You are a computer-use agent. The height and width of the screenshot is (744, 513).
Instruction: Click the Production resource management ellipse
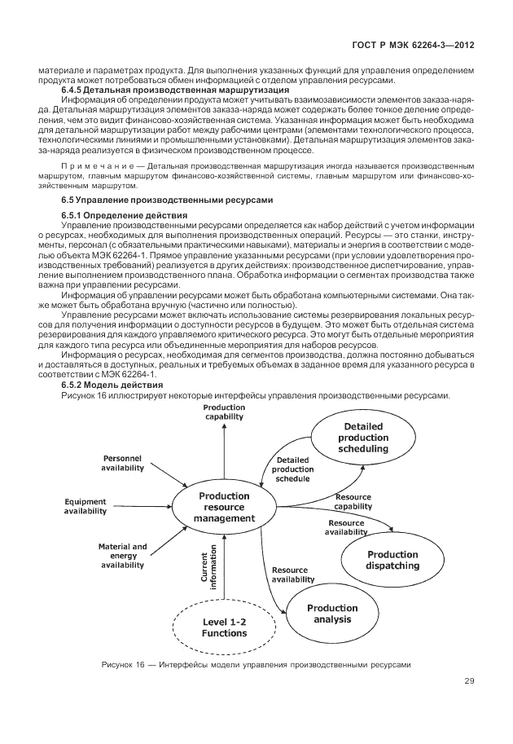point(224,507)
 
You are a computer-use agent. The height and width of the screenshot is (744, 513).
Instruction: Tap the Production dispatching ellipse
point(392,561)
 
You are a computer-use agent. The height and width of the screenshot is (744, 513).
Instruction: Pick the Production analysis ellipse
point(332,614)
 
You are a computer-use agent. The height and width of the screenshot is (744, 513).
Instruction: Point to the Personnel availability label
point(122,464)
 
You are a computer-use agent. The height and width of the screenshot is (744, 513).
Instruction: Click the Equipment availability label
point(85,506)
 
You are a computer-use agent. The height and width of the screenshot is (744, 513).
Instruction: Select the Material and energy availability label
point(122,555)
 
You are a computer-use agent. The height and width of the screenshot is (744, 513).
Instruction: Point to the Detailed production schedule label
point(292,469)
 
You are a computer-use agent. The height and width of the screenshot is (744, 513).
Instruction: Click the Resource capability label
point(353,501)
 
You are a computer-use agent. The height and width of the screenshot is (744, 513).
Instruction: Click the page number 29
point(469,681)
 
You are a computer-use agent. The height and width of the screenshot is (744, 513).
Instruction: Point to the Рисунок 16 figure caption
point(256,666)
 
